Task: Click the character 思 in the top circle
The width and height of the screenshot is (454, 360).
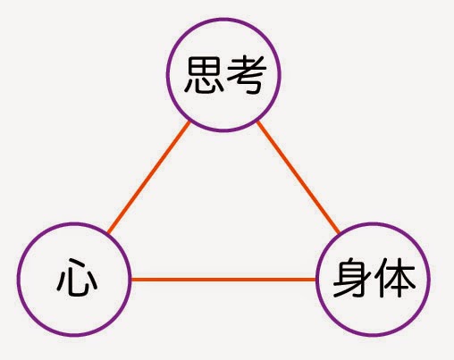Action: click(x=205, y=75)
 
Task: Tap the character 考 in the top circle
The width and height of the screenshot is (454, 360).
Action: click(x=247, y=75)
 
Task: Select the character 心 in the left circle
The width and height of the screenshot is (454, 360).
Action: click(x=77, y=278)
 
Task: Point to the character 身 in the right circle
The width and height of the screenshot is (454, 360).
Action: click(x=351, y=278)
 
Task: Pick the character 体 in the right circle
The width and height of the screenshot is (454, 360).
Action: click(x=395, y=278)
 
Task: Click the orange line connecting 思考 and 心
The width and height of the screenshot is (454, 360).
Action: click(x=148, y=177)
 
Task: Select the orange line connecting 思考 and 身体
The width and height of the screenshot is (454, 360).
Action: click(x=298, y=177)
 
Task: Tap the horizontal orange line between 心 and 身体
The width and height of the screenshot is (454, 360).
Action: click(x=223, y=280)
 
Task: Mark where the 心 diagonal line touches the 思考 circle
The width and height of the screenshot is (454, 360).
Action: click(x=189, y=121)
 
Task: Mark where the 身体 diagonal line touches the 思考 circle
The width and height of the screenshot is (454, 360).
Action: click(x=258, y=121)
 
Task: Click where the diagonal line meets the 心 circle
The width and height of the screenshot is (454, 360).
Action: click(x=108, y=233)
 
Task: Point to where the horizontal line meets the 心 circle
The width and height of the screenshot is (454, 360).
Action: click(x=130, y=280)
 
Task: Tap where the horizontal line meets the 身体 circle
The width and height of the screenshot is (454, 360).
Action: click(x=316, y=280)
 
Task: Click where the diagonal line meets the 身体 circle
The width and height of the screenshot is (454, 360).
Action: click(x=339, y=233)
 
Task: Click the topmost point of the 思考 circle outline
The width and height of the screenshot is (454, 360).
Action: click(x=223, y=20)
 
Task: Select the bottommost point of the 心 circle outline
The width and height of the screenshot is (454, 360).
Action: click(x=74, y=335)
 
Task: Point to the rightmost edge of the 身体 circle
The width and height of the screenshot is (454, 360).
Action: click(x=429, y=280)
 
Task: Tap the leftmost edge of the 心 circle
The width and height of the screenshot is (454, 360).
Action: click(x=18, y=280)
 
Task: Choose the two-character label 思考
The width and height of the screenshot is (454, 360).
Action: click(x=225, y=75)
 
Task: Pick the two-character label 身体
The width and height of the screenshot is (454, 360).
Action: click(x=374, y=278)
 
